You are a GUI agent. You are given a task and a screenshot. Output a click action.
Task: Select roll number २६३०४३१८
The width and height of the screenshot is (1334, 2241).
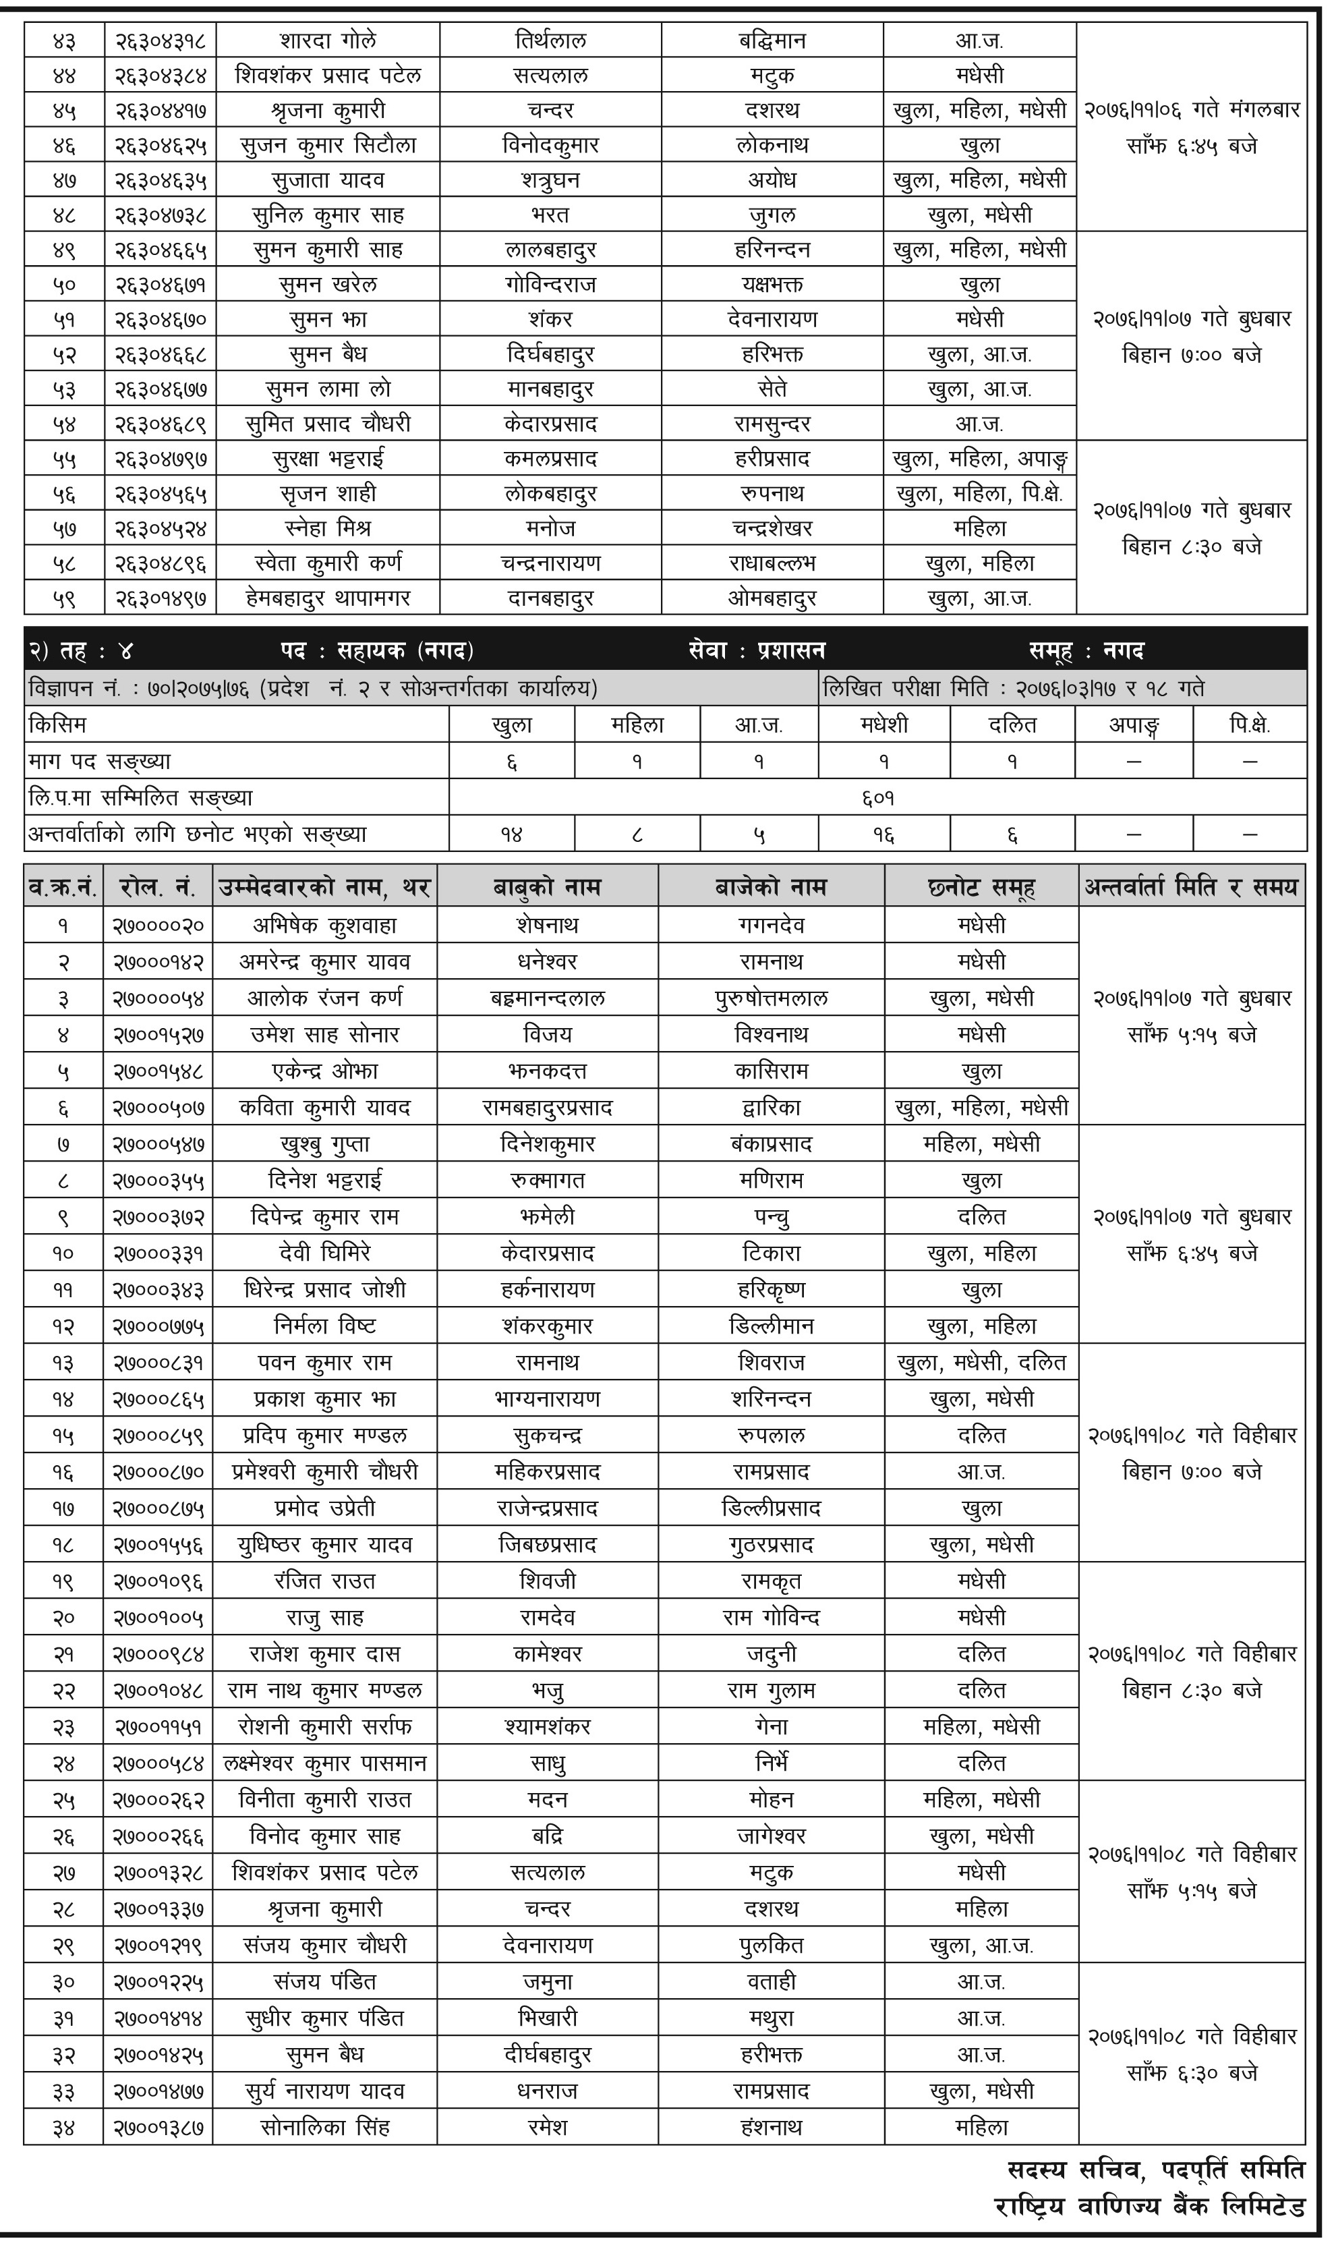click(160, 40)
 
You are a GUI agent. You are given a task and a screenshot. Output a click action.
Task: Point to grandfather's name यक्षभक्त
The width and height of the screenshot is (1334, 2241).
click(772, 285)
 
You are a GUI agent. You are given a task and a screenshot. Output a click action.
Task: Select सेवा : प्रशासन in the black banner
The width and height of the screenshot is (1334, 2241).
click(757, 651)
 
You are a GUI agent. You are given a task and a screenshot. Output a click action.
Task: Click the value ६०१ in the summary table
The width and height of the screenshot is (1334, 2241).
click(877, 797)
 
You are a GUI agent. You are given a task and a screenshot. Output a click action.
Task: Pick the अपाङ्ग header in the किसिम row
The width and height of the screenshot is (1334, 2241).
click(1134, 725)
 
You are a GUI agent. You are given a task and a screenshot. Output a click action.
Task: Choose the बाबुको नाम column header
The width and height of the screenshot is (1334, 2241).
click(548, 887)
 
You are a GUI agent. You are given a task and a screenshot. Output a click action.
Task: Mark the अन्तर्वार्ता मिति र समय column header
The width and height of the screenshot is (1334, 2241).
click(1191, 887)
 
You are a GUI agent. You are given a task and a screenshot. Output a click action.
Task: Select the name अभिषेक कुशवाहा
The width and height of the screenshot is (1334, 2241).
click(324, 925)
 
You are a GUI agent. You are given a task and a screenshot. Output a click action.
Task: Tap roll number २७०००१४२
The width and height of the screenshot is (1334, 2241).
click(158, 962)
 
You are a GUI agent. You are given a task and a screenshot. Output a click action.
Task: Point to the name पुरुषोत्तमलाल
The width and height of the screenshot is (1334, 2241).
click(772, 998)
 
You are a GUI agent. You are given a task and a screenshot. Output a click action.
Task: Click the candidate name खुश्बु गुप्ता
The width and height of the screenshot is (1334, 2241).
click(324, 1144)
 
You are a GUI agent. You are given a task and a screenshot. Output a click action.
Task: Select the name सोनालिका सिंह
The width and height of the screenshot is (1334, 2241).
click(324, 2127)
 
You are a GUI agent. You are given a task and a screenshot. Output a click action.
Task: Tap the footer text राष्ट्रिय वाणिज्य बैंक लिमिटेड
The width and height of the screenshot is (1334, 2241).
click(1150, 2208)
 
